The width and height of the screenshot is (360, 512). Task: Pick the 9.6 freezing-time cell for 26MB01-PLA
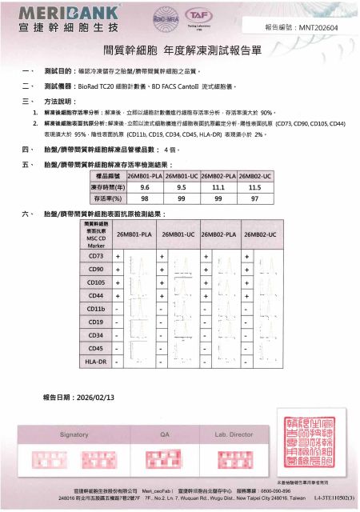pyautogui.click(x=145, y=186)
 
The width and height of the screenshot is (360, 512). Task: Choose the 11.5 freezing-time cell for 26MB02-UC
pyautogui.click(x=255, y=186)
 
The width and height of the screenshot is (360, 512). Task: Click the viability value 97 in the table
pyautogui.click(x=255, y=197)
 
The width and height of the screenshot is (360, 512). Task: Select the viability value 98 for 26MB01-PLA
pyautogui.click(x=145, y=197)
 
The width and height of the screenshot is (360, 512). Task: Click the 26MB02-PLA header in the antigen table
pyautogui.click(x=218, y=234)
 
